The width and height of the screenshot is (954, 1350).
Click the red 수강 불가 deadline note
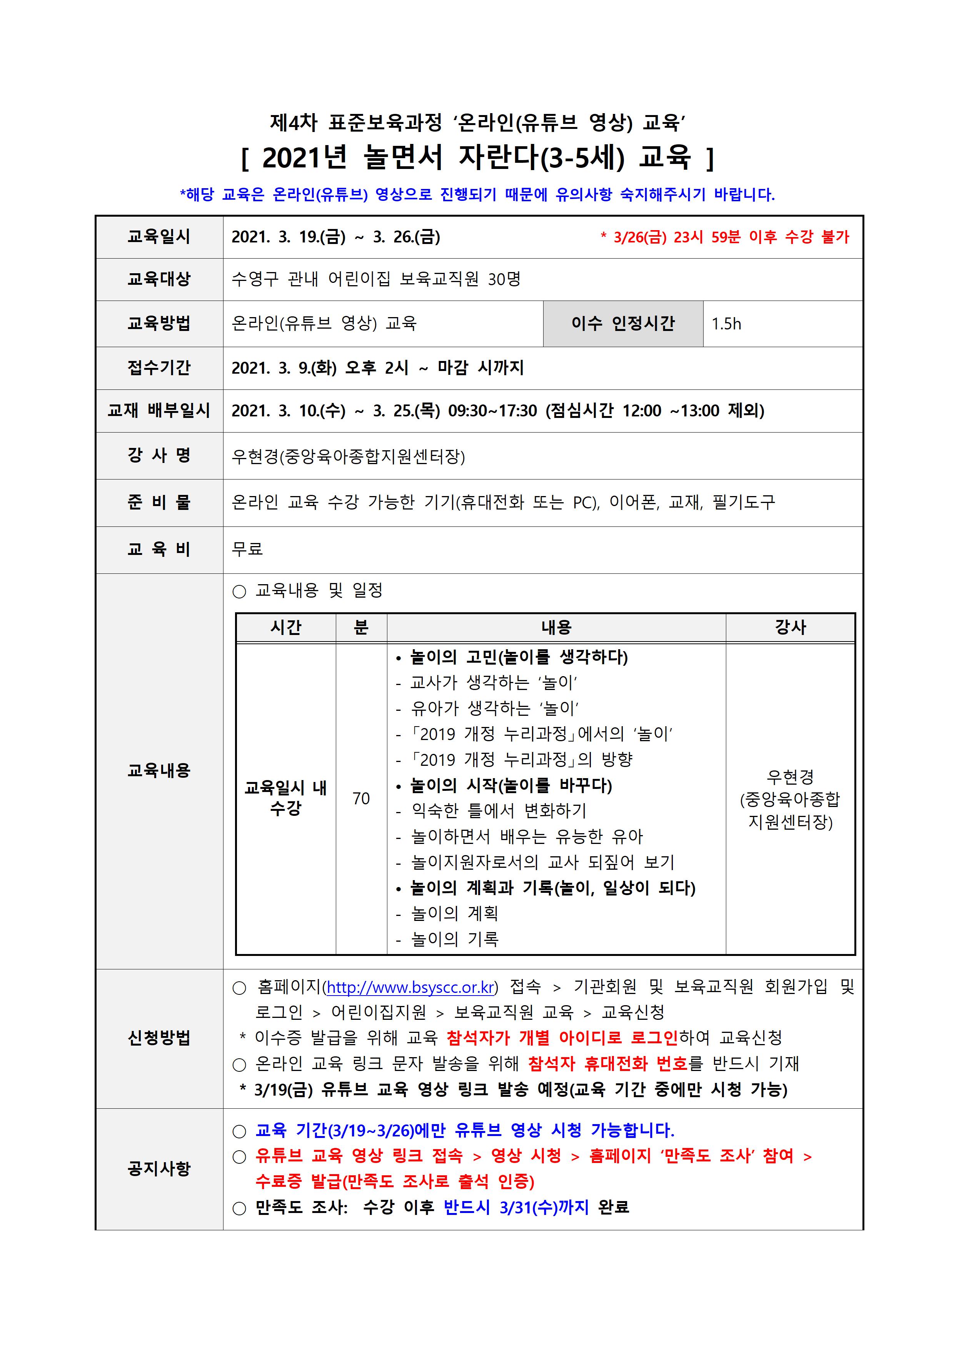click(725, 237)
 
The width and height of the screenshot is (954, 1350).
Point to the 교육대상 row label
click(159, 279)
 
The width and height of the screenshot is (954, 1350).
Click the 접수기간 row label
click(159, 368)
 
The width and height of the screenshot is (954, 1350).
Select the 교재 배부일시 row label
click(159, 410)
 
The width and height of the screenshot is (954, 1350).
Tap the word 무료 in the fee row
click(247, 549)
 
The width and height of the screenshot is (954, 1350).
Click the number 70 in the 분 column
click(361, 799)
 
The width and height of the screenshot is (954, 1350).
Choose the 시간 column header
click(286, 627)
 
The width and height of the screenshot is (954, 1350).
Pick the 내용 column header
click(556, 627)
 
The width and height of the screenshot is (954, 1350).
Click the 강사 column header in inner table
click(790, 627)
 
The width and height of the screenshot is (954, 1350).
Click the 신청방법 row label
click(159, 1038)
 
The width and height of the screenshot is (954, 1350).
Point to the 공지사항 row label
click(159, 1168)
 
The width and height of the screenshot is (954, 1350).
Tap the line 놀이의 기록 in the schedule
click(454, 939)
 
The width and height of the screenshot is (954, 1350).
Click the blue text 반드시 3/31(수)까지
click(515, 1207)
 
